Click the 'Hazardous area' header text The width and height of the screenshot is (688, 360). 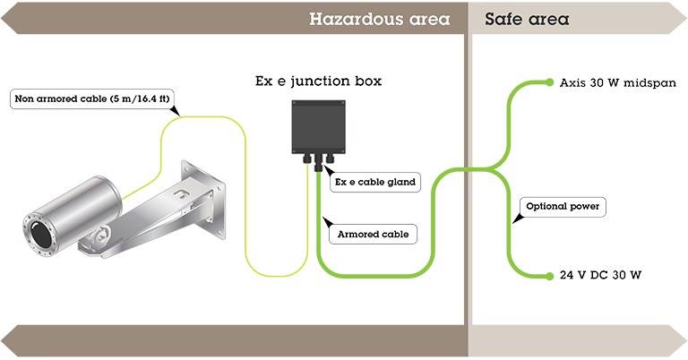379,19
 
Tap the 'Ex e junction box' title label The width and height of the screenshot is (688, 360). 318,81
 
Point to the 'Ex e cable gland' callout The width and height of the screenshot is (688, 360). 374,182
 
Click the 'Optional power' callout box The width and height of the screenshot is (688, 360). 563,206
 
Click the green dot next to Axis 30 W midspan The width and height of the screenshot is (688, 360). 550,82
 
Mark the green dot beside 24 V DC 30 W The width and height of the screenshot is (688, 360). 550,275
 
